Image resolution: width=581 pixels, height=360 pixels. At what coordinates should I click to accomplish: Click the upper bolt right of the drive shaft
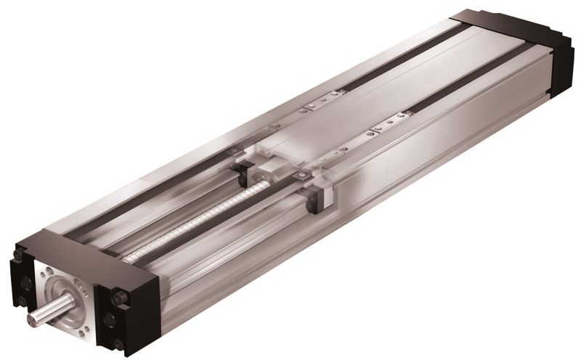115,296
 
